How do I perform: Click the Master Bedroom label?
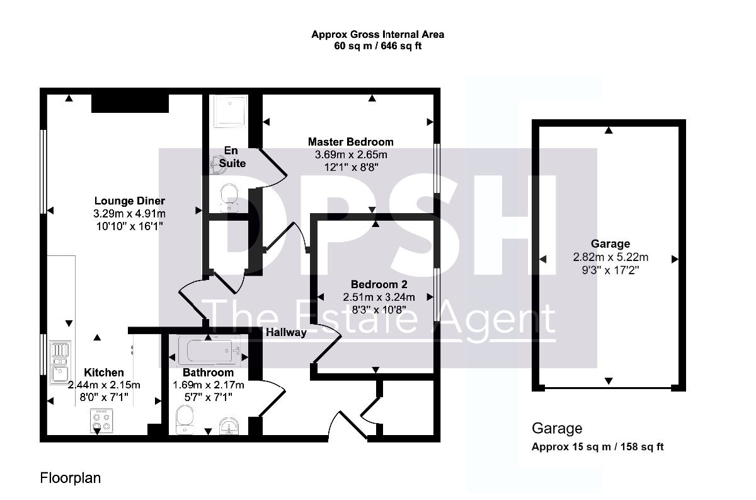351,142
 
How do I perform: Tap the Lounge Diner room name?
130,201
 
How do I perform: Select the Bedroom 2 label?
379,284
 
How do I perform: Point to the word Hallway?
286,332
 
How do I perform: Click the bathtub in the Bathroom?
209,351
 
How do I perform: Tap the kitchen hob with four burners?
101,421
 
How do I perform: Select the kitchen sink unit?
60,363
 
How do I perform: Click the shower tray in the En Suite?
231,111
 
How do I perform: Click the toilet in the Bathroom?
185,420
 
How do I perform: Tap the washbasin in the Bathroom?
229,426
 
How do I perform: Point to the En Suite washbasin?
219,165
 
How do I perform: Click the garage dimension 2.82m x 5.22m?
610,257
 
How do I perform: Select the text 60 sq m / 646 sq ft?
377,46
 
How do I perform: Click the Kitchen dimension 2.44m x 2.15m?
104,385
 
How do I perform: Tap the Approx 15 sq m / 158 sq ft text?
598,447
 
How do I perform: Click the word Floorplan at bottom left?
70,479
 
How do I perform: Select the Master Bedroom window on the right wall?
437,168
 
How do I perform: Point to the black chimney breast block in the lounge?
130,103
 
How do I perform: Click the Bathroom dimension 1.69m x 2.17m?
209,385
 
